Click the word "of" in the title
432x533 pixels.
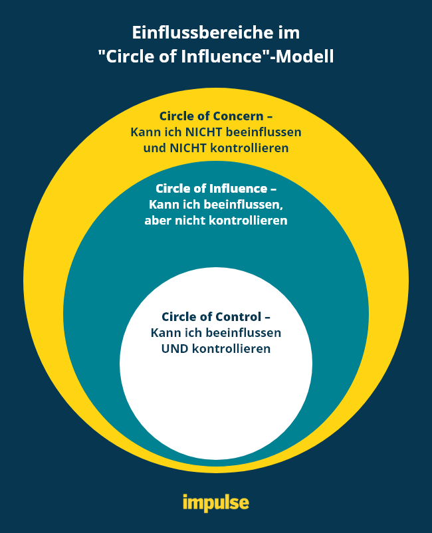pos(166,57)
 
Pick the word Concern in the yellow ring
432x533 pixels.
pos(238,116)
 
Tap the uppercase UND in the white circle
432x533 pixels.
pos(175,348)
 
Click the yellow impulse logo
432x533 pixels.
pos(216,502)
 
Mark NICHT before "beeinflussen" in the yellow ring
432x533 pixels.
pos(205,132)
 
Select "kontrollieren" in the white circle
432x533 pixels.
pos(231,348)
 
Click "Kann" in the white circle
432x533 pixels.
pos(164,332)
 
